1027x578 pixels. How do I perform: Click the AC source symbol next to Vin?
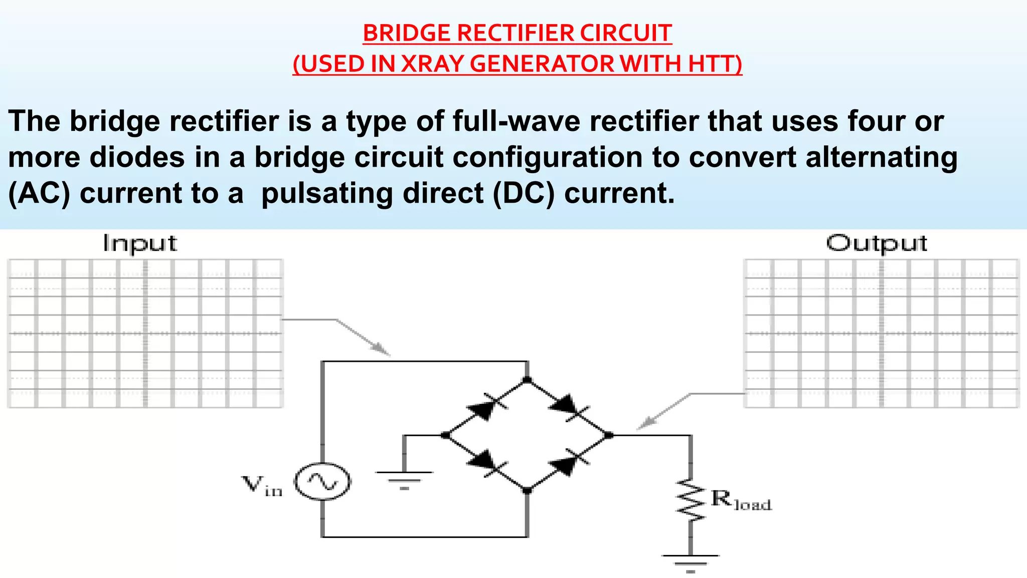coord(322,481)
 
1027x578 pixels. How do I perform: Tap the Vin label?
coord(262,486)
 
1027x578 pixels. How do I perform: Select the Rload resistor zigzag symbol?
coord(691,500)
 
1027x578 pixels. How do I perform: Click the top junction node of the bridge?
coord(527,380)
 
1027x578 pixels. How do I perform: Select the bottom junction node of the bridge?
coord(527,491)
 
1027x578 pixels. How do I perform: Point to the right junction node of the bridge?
coord(608,436)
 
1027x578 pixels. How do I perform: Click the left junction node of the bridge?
coord(445,436)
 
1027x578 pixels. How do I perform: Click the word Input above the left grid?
coord(140,244)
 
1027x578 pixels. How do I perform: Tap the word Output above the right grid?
coord(876,244)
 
